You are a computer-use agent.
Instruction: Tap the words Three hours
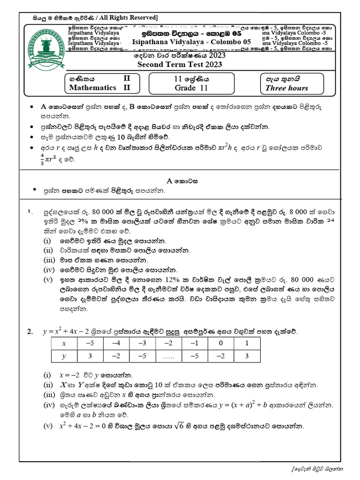coord(287,88)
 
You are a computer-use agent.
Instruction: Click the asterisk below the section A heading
coord(34,190)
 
